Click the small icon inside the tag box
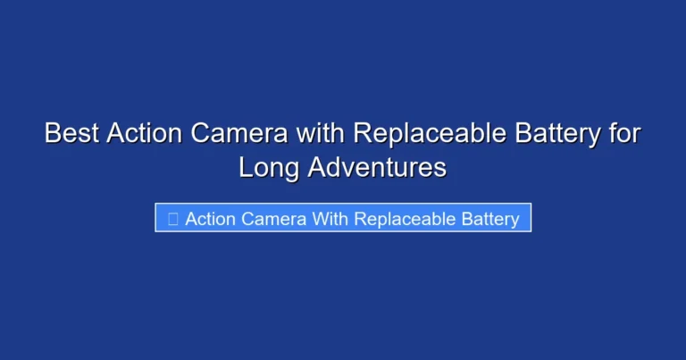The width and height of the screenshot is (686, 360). tap(171, 219)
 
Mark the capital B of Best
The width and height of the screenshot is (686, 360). tap(53, 134)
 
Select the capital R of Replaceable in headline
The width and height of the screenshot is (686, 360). tap(361, 134)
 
